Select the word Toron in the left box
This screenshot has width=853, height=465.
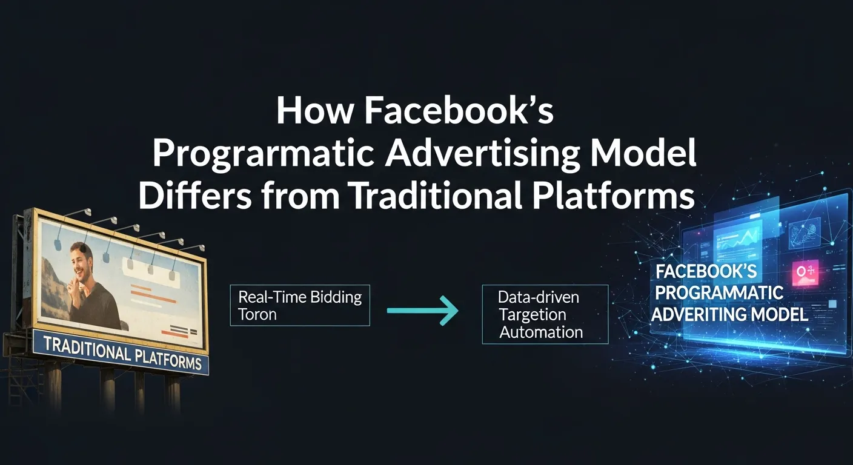pyautogui.click(x=257, y=314)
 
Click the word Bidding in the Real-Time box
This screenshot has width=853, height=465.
pyautogui.click(x=336, y=297)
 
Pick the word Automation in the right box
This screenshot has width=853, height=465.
pyautogui.click(x=541, y=332)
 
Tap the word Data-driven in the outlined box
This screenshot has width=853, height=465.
pyautogui.click(x=539, y=297)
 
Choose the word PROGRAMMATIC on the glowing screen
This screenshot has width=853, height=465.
pyautogui.click(x=719, y=292)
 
